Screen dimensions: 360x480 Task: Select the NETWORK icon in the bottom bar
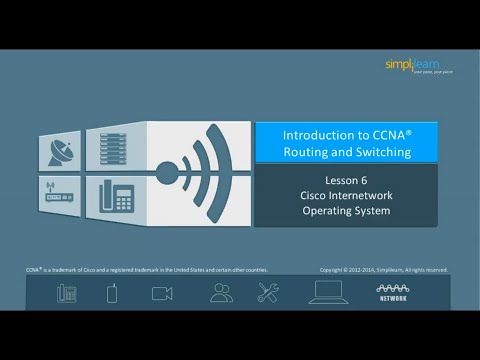393,292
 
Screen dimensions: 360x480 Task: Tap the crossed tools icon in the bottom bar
268,292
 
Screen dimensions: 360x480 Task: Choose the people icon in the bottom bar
221,292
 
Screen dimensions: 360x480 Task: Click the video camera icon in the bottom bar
162,293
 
